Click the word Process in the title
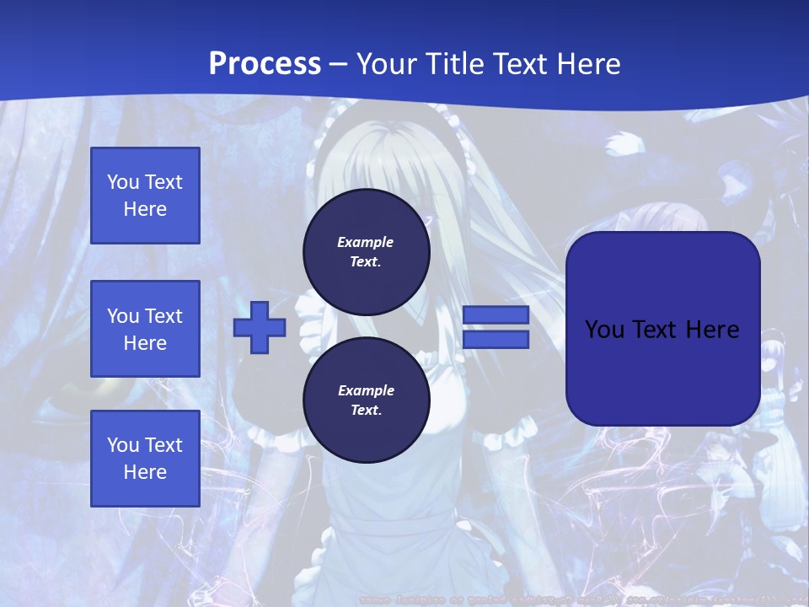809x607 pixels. [x=265, y=63]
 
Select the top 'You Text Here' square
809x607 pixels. [x=145, y=196]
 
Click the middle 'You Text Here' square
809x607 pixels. [x=145, y=329]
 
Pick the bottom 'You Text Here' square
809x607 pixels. [x=145, y=459]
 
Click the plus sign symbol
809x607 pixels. [x=260, y=328]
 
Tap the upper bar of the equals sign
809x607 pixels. [x=496, y=315]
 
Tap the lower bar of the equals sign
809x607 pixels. [x=496, y=339]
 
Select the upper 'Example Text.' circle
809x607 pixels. [x=366, y=251]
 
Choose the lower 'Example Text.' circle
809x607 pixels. [x=366, y=400]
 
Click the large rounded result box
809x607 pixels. [x=663, y=329]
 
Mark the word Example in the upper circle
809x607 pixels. [x=366, y=242]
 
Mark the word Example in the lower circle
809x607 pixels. [x=366, y=390]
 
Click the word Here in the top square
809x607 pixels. [x=145, y=209]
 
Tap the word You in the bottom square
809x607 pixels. [x=123, y=445]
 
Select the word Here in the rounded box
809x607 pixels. [x=712, y=330]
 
